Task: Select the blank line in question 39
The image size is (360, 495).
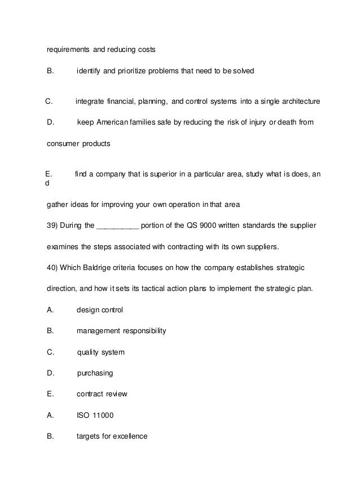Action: [118, 227]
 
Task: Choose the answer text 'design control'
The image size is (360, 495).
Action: [99, 310]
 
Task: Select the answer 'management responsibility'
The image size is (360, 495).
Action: [121, 331]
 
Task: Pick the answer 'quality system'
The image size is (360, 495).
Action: [100, 352]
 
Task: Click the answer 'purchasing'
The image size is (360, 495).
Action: [95, 373]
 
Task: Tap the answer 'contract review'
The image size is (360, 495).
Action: [102, 394]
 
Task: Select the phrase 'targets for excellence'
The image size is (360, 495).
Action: [112, 436]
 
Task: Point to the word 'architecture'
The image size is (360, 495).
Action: [300, 101]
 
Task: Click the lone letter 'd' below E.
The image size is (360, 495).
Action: [47, 184]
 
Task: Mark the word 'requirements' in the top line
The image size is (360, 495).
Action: [68, 50]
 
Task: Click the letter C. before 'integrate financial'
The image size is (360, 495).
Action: [49, 101]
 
